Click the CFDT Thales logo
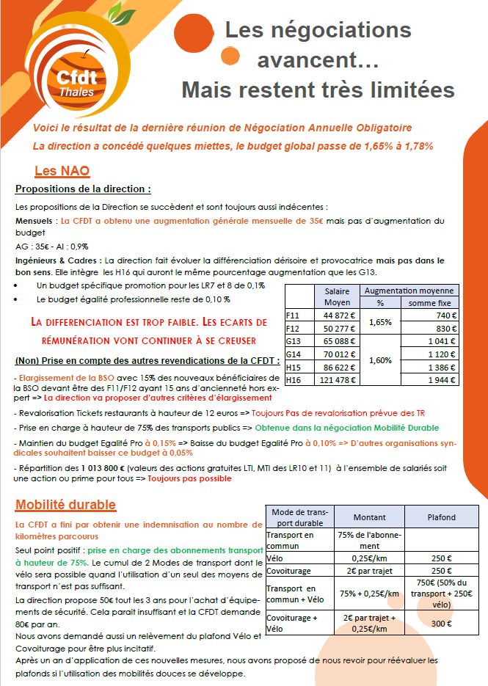click(71, 73)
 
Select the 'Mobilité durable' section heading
click(65, 505)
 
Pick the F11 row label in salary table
click(294, 315)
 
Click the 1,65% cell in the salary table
click(380, 321)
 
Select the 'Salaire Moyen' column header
click(337, 296)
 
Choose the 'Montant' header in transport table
click(369, 517)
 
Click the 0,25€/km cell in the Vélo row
click(369, 558)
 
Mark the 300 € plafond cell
click(441, 624)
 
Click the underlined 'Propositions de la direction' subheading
click(83, 189)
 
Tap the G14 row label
click(294, 353)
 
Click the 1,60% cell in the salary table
click(380, 360)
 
